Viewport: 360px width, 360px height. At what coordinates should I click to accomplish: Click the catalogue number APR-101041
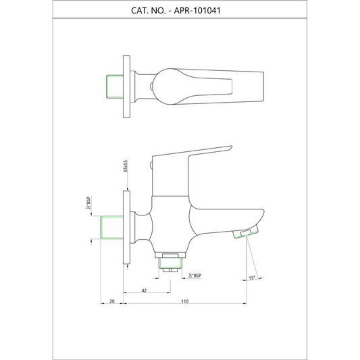[x=197, y=11]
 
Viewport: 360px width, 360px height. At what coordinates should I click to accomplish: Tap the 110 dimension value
[x=184, y=301]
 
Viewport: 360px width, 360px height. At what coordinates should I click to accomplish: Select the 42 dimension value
[x=144, y=290]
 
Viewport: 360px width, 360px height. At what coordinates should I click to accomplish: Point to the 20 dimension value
[x=112, y=301]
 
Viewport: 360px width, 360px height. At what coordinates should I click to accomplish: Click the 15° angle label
[x=252, y=278]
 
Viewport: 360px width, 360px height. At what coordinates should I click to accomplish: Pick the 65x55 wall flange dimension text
[x=126, y=166]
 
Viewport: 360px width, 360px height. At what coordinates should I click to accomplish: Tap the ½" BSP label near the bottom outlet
[x=195, y=276]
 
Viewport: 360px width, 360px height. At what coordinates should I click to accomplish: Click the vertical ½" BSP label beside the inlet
[x=88, y=203]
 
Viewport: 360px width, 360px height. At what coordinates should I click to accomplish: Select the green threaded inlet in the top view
[x=115, y=86]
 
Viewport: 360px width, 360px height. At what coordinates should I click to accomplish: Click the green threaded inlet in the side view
[x=112, y=228]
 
